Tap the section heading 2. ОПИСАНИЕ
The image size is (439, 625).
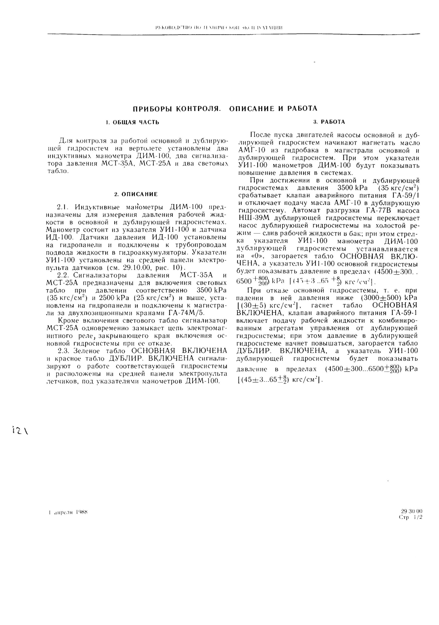tap(136, 194)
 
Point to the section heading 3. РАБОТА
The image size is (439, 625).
tap(329, 122)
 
